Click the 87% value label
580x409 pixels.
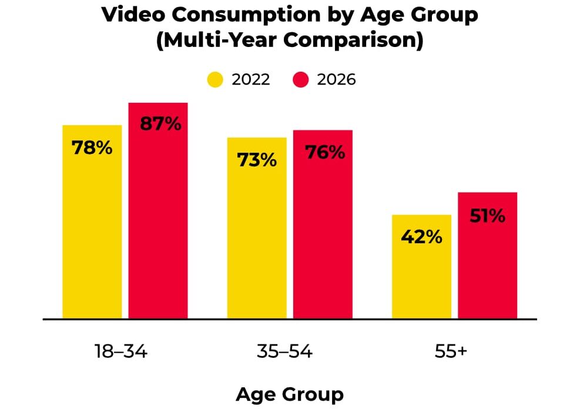[160, 124]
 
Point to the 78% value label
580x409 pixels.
[92, 147]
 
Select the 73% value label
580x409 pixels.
[257, 160]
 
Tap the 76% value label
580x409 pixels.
[325, 152]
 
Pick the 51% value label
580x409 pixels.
[488, 216]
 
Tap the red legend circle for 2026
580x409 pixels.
[301, 79]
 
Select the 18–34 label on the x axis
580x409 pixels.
[121, 351]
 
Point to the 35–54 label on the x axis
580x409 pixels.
[285, 351]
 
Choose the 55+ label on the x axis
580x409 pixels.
[451, 351]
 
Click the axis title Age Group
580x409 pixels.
[289, 394]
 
